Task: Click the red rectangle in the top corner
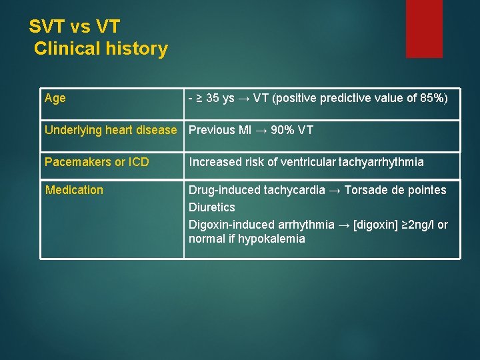click(424, 28)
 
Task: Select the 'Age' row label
click(55, 99)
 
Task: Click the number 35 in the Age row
click(213, 99)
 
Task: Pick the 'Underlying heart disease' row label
click(111, 130)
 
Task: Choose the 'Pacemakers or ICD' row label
click(97, 162)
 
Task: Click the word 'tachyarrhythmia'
click(381, 162)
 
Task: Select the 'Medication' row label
click(74, 190)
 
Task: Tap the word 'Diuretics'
click(211, 207)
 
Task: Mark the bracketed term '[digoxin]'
click(379, 225)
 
